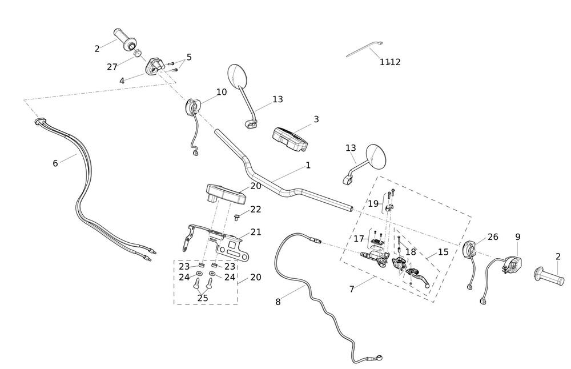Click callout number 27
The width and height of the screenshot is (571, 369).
tap(112, 67)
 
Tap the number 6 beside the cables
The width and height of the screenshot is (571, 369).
tap(55, 163)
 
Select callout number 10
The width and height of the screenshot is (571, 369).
tap(222, 92)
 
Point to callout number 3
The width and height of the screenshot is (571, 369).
tap(316, 119)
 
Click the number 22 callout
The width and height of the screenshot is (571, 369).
tap(256, 210)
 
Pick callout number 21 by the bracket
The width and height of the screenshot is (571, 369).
tap(256, 232)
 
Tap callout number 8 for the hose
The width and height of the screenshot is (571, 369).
tap(278, 302)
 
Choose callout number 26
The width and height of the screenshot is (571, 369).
tap(493, 237)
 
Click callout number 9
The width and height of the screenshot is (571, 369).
tap(518, 236)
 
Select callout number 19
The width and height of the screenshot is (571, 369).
tap(373, 204)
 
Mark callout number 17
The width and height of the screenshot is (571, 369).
tap(359, 239)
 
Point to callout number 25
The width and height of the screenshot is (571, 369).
tap(203, 298)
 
